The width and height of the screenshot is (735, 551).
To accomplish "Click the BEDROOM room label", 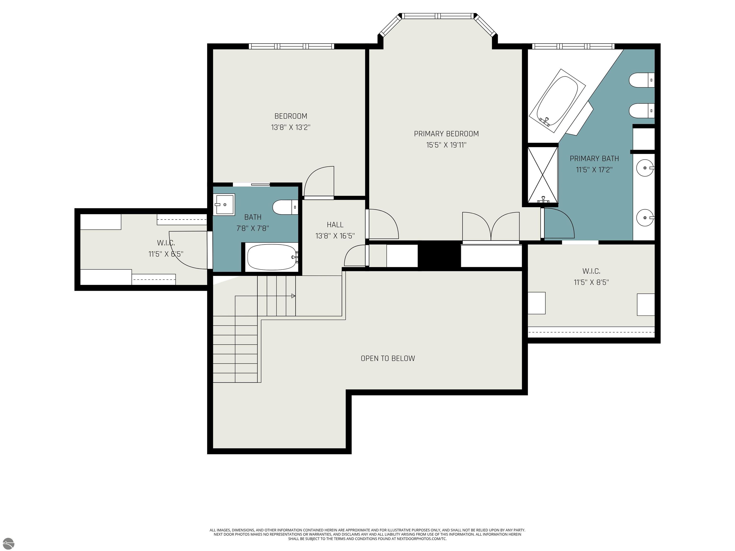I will [x=290, y=116].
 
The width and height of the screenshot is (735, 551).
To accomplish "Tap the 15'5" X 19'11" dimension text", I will [x=446, y=145].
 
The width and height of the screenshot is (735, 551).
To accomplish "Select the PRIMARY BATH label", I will [x=594, y=159].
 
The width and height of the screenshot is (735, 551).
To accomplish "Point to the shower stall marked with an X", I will [x=543, y=174].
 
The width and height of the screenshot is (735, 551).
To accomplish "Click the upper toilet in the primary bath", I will [x=641, y=80].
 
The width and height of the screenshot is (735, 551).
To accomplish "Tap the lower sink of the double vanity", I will [x=645, y=218].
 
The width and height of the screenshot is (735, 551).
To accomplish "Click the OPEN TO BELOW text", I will [x=388, y=358].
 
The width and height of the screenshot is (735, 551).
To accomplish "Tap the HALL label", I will [x=335, y=225].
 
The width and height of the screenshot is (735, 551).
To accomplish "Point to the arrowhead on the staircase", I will [x=293, y=296].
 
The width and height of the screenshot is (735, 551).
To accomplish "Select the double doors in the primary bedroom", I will [x=491, y=226].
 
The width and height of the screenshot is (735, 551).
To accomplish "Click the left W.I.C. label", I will [x=166, y=243].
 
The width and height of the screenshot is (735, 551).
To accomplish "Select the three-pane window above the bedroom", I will [x=291, y=46].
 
